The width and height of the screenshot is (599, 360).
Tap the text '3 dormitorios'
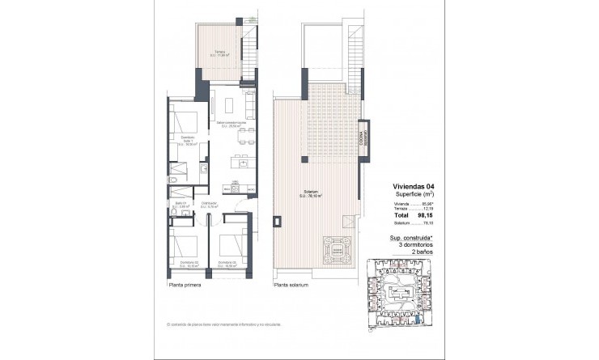(409, 245)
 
